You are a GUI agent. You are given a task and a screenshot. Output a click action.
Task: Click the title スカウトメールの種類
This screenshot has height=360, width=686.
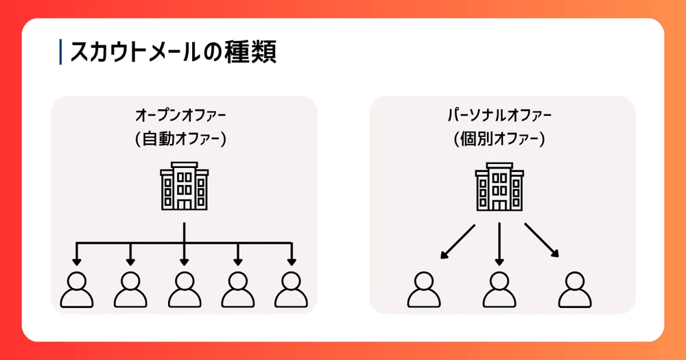tap(173, 52)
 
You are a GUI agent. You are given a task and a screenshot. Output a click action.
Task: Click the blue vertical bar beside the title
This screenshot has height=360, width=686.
tap(61, 52)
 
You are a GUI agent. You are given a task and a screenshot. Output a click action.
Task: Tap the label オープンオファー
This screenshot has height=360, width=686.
tap(184, 113)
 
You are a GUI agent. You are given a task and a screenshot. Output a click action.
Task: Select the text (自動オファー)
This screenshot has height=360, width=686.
tap(184, 139)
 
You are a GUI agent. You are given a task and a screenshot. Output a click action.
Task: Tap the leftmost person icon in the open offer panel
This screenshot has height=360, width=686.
tap(77, 289)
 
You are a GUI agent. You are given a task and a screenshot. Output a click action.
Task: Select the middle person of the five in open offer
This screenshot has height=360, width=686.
tap(184, 289)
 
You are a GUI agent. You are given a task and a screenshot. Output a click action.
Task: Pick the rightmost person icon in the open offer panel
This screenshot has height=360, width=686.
tap(291, 289)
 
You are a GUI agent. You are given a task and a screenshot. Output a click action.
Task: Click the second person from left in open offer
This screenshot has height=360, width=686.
tap(130, 289)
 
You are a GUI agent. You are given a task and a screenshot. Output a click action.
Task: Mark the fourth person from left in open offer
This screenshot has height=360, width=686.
tap(237, 289)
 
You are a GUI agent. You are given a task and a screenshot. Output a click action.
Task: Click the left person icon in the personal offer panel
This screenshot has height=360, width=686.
tap(425, 289)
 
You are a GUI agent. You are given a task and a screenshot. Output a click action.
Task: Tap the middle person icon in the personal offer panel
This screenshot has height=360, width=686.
tap(499, 289)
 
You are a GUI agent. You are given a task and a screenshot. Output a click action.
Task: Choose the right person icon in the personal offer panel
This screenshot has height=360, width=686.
tap(573, 289)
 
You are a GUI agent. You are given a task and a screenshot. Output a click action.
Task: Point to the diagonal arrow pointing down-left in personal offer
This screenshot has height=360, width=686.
tap(457, 242)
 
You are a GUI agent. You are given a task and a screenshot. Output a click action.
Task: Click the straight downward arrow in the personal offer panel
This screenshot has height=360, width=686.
tap(499, 243)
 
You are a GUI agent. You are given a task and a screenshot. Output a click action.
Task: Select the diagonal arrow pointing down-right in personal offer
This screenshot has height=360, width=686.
tap(542, 241)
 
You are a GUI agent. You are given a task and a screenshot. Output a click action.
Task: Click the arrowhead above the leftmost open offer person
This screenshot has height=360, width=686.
tap(77, 261)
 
